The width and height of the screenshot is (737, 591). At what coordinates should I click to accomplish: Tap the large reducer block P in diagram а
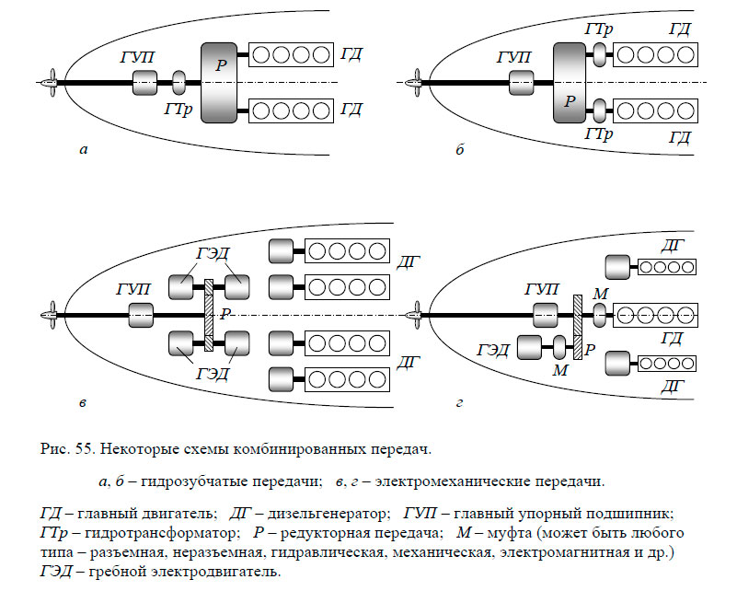(x=219, y=83)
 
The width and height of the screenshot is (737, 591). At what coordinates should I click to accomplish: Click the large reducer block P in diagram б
(x=571, y=84)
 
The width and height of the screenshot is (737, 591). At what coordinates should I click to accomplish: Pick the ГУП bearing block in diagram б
(x=521, y=84)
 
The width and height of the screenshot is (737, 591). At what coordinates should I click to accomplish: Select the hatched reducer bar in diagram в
(x=209, y=314)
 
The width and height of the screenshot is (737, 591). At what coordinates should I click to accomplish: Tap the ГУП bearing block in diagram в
(x=140, y=314)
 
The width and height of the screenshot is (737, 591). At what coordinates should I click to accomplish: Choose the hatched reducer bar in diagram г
(x=578, y=327)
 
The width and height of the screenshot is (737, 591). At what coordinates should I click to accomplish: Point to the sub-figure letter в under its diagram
(x=84, y=402)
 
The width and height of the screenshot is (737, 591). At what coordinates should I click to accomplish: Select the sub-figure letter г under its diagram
(x=459, y=402)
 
